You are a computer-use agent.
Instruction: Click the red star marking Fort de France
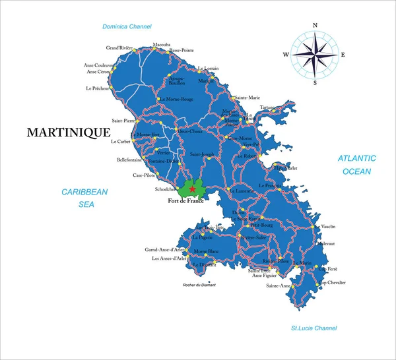coord(192,189)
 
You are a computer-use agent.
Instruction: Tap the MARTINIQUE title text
coord(68,133)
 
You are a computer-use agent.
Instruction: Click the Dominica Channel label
coord(127,27)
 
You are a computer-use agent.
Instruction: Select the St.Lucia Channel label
coord(314,328)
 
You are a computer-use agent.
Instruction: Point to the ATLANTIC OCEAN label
coord(356,165)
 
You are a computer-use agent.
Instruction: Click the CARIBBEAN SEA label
coord(84,198)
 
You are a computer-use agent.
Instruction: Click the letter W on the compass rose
coord(286,54)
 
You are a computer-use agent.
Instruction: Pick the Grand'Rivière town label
coord(119,48)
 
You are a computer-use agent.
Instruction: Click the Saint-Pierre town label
coord(123,121)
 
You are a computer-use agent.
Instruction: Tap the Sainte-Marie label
coord(247,98)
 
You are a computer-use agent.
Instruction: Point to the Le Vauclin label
coord(325,226)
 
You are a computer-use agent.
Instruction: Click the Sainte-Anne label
coord(278,285)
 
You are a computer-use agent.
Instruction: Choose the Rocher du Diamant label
coord(199,285)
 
